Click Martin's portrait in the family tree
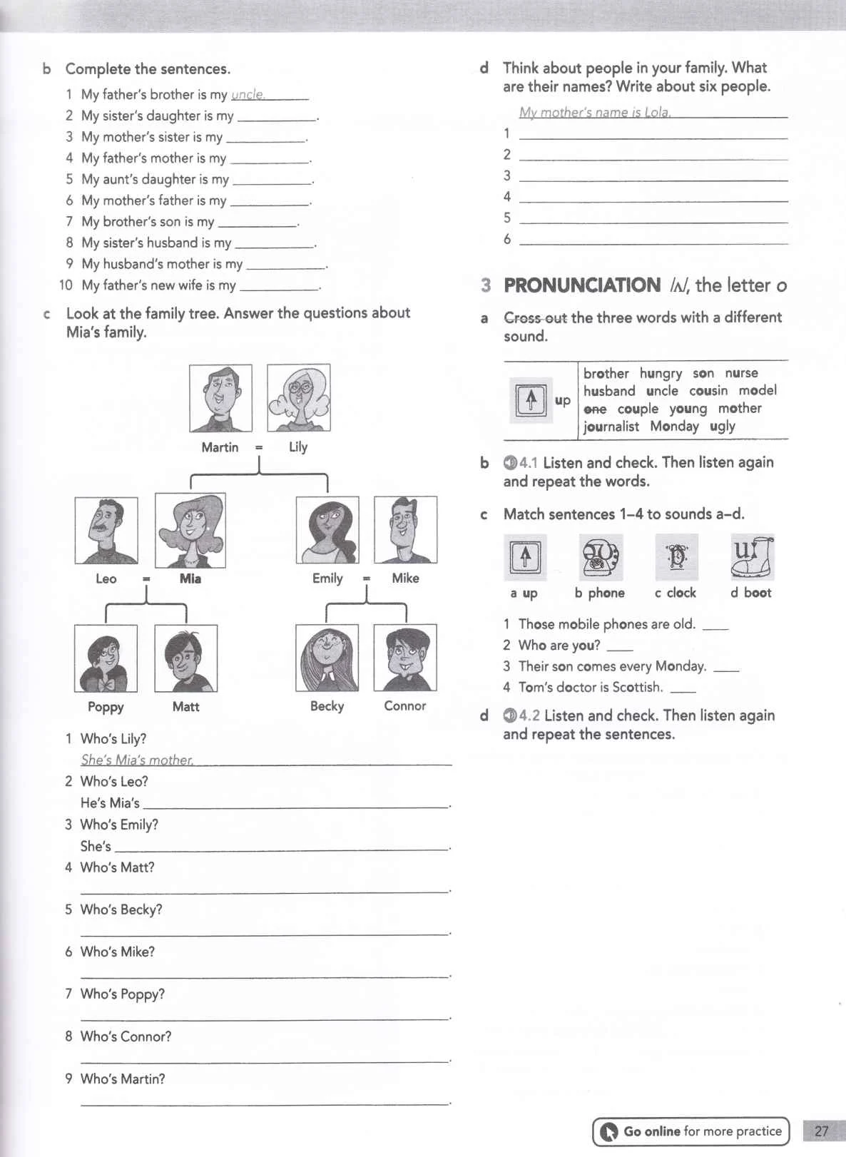(220, 398)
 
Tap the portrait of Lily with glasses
(298, 398)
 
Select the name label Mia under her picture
(190, 578)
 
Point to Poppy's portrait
(106, 658)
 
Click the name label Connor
(404, 705)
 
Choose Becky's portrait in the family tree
(327, 658)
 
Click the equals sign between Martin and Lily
(259, 447)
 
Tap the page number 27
(821, 1131)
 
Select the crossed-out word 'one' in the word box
(595, 409)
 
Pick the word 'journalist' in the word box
(611, 427)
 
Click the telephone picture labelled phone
(601, 557)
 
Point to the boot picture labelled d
(752, 556)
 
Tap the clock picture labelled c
(676, 557)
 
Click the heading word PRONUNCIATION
(582, 285)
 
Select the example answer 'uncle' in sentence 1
(248, 95)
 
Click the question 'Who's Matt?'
(117, 867)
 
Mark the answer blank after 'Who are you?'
(619, 646)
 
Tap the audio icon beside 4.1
(510, 463)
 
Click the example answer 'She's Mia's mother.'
(137, 760)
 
